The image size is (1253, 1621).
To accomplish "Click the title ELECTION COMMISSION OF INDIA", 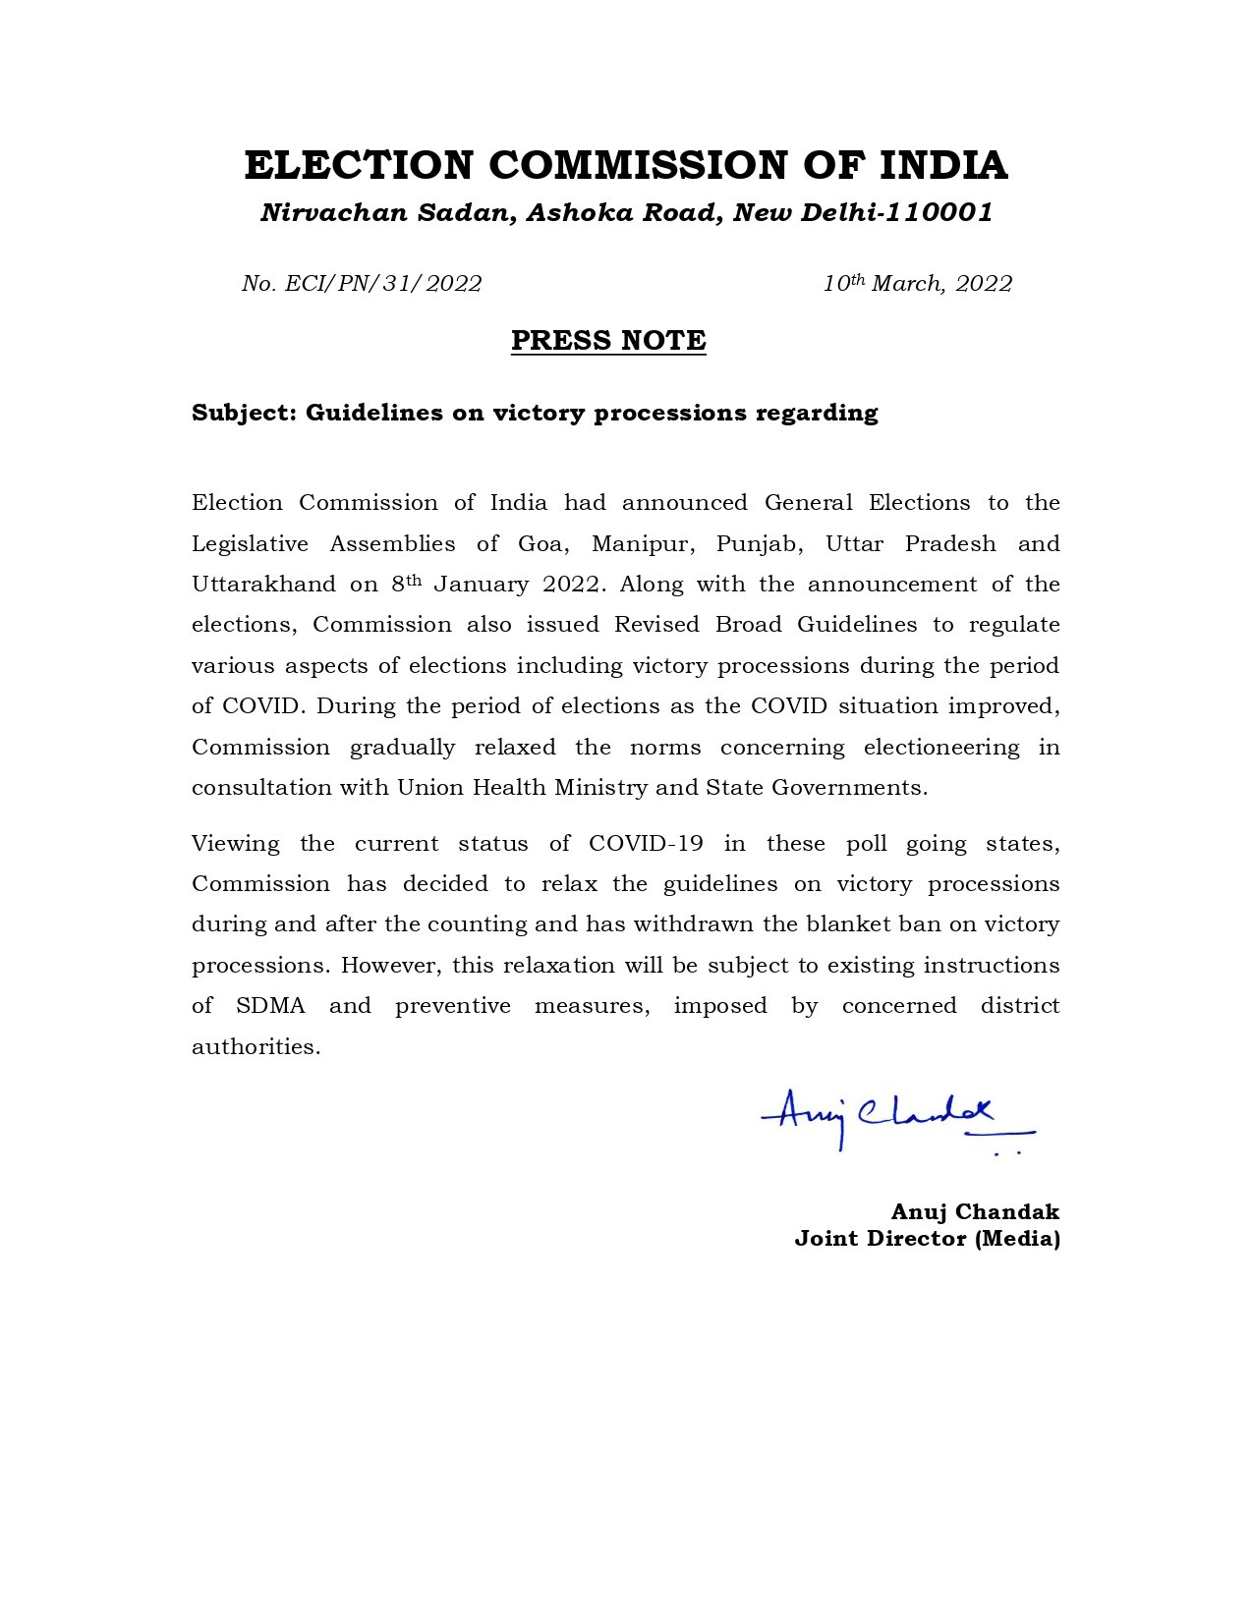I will point(626,165).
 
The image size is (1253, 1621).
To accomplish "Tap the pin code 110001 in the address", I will point(939,212).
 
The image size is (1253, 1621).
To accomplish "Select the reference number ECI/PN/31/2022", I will point(383,284).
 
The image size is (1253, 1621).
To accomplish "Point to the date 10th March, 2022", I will point(917,284).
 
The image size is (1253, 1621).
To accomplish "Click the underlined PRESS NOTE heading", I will point(608,341).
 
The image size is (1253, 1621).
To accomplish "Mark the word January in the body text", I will point(480,585).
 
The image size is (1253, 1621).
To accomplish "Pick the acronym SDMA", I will point(270,1006).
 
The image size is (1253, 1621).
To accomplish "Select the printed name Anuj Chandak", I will point(975,1211).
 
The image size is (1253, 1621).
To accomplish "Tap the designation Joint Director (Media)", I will point(927,1239).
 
